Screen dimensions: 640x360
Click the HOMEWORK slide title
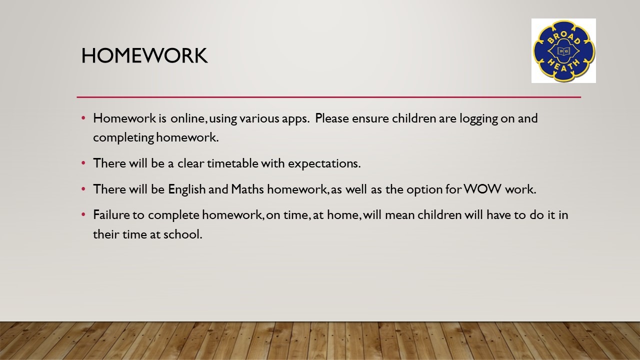click(x=144, y=55)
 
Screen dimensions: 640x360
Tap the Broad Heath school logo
click(x=563, y=51)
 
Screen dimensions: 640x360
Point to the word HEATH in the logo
click(x=563, y=66)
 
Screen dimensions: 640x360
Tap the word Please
click(x=332, y=118)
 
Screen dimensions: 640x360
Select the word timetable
click(x=232, y=163)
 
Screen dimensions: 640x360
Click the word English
click(x=187, y=189)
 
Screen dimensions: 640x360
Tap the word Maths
click(x=247, y=189)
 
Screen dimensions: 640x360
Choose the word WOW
click(x=482, y=189)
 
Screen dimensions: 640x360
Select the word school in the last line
click(x=182, y=234)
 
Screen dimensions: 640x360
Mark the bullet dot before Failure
click(x=83, y=214)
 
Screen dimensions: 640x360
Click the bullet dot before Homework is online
click(x=83, y=117)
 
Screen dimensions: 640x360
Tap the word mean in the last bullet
click(x=399, y=215)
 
